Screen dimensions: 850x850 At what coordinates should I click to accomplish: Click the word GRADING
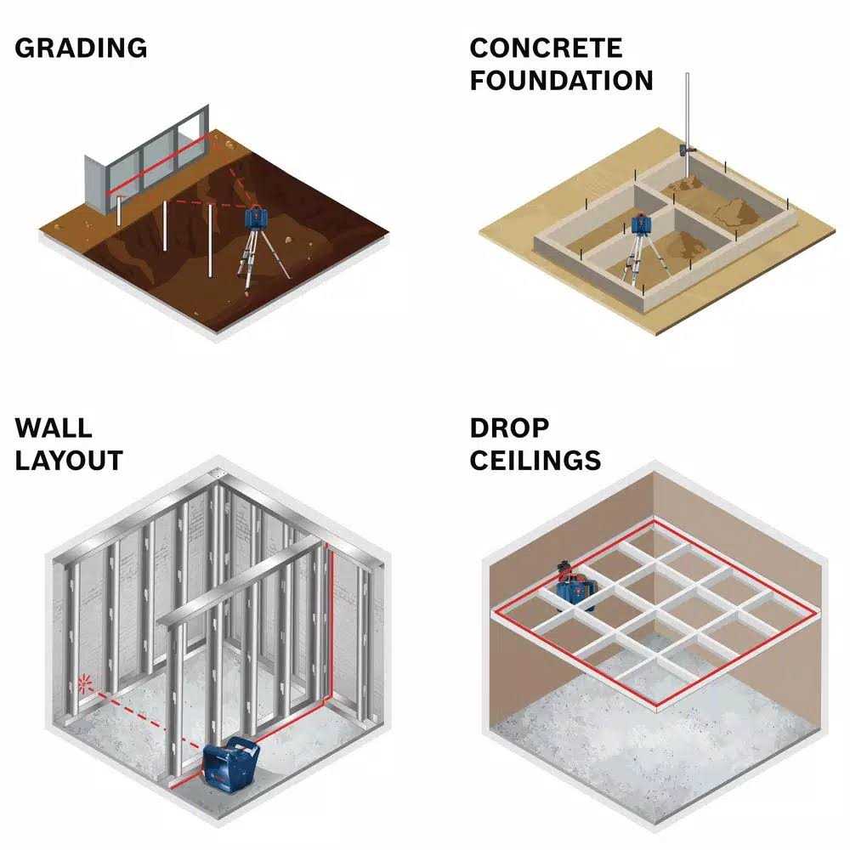81,48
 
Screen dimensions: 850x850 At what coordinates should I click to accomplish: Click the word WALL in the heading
54,427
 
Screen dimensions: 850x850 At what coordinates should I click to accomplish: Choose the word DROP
509,427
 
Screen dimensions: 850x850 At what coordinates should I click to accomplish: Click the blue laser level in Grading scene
256,218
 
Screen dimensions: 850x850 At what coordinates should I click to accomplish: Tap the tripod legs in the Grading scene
255,259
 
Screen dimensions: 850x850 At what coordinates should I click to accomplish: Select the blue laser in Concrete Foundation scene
641,226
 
